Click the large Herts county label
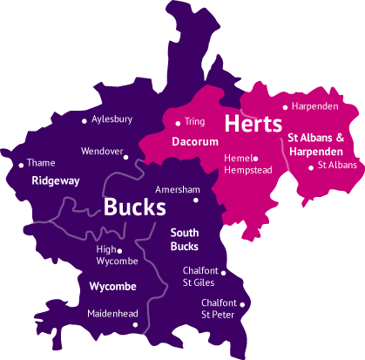pyautogui.click(x=253, y=124)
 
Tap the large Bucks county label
pyautogui.click(x=134, y=207)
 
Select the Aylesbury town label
pyautogui.click(x=113, y=119)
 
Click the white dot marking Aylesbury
pyautogui.click(x=84, y=120)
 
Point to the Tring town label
pyautogui.click(x=194, y=122)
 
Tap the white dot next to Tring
pyautogui.click(x=178, y=123)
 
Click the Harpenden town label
pyautogui.click(x=315, y=106)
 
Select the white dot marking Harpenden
pyautogui.click(x=286, y=107)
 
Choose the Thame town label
pyautogui.click(x=41, y=163)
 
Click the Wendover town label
pyautogui.click(x=101, y=151)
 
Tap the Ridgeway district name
pyautogui.click(x=55, y=180)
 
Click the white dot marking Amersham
pyautogui.click(x=196, y=200)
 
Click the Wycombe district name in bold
pyautogui.click(x=113, y=286)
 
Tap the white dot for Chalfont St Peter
pyautogui.click(x=242, y=304)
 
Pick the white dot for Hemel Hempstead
pyautogui.click(x=256, y=159)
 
